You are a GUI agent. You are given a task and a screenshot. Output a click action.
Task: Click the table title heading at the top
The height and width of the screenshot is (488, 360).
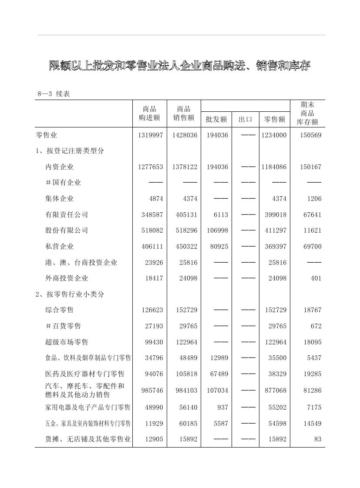click(x=180, y=66)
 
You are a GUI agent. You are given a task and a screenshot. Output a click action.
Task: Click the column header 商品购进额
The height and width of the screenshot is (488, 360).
click(x=149, y=113)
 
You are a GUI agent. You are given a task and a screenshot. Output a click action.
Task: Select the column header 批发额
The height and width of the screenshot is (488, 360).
click(x=216, y=119)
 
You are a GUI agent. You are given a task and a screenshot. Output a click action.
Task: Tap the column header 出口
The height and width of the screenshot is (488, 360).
click(x=246, y=119)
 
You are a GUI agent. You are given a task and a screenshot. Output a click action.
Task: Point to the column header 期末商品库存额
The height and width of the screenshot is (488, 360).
click(x=307, y=113)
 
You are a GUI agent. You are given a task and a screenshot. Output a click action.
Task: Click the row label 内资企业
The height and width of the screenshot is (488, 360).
click(x=60, y=167)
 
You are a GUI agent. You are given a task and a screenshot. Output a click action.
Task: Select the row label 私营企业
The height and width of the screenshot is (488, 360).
click(x=60, y=247)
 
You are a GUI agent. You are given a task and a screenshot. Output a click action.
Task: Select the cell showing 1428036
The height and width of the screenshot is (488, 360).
click(x=185, y=135)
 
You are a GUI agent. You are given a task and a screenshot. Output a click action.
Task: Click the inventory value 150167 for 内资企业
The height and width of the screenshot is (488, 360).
click(x=310, y=167)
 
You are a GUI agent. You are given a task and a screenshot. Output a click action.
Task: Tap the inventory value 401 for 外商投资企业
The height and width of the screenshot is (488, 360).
click(x=316, y=278)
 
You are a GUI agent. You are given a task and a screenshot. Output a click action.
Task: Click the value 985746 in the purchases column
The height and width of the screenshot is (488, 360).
click(x=152, y=391)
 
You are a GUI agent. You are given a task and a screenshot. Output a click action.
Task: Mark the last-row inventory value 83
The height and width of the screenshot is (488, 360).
click(x=318, y=439)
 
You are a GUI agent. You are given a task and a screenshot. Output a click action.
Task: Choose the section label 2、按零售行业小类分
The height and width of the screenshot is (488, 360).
click(x=70, y=294)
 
